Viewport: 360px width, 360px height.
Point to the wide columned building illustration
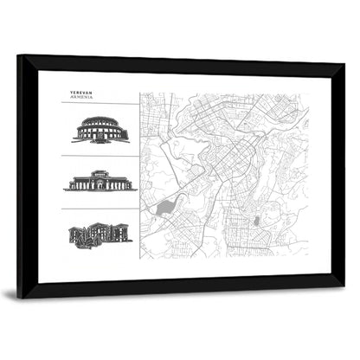(100, 182)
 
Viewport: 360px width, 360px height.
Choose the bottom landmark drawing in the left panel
(100, 234)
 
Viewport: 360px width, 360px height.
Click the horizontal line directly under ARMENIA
(99, 104)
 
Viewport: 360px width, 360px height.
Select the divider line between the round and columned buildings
(99, 157)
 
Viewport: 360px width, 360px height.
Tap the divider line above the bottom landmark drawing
(99, 209)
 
